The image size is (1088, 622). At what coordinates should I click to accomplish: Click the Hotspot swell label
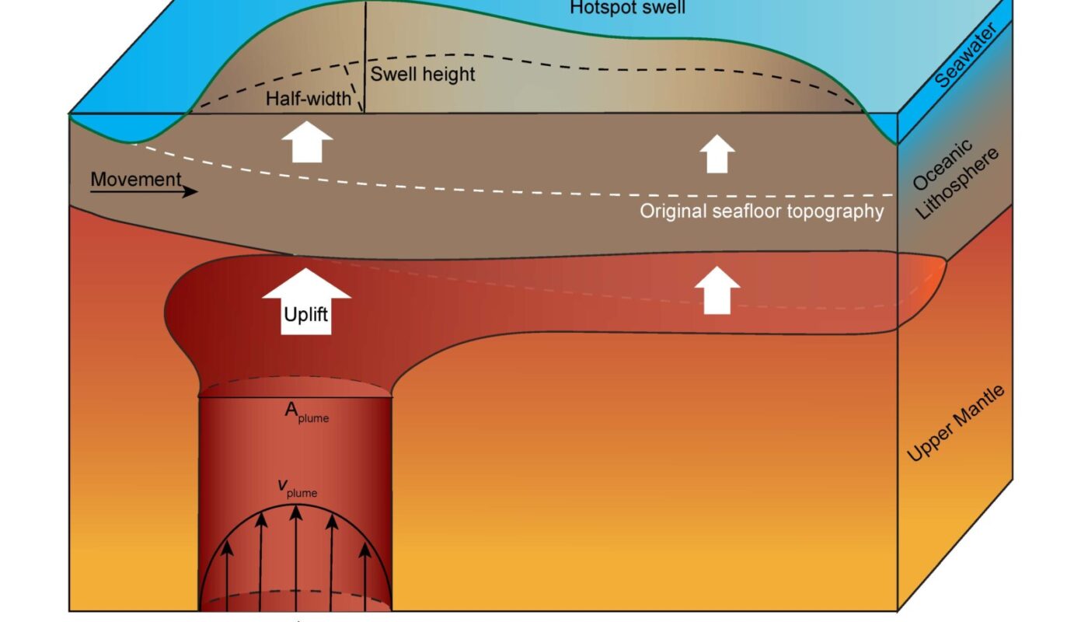627,8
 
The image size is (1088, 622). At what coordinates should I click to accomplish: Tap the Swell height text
422,75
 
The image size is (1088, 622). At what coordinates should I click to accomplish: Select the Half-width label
308,100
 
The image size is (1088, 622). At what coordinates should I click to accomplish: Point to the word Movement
135,180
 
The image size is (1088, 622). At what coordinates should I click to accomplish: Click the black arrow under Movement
145,191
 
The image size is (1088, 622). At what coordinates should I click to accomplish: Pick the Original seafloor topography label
762,211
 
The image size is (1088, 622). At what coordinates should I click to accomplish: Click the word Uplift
306,315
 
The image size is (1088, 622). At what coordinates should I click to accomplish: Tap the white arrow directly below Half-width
306,142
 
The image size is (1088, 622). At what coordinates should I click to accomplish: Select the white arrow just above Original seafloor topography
717,154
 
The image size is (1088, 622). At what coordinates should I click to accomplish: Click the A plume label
306,413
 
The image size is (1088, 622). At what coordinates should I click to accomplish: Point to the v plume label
298,488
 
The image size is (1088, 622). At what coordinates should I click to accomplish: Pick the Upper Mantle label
955,424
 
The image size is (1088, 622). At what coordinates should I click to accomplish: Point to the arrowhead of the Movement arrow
190,191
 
